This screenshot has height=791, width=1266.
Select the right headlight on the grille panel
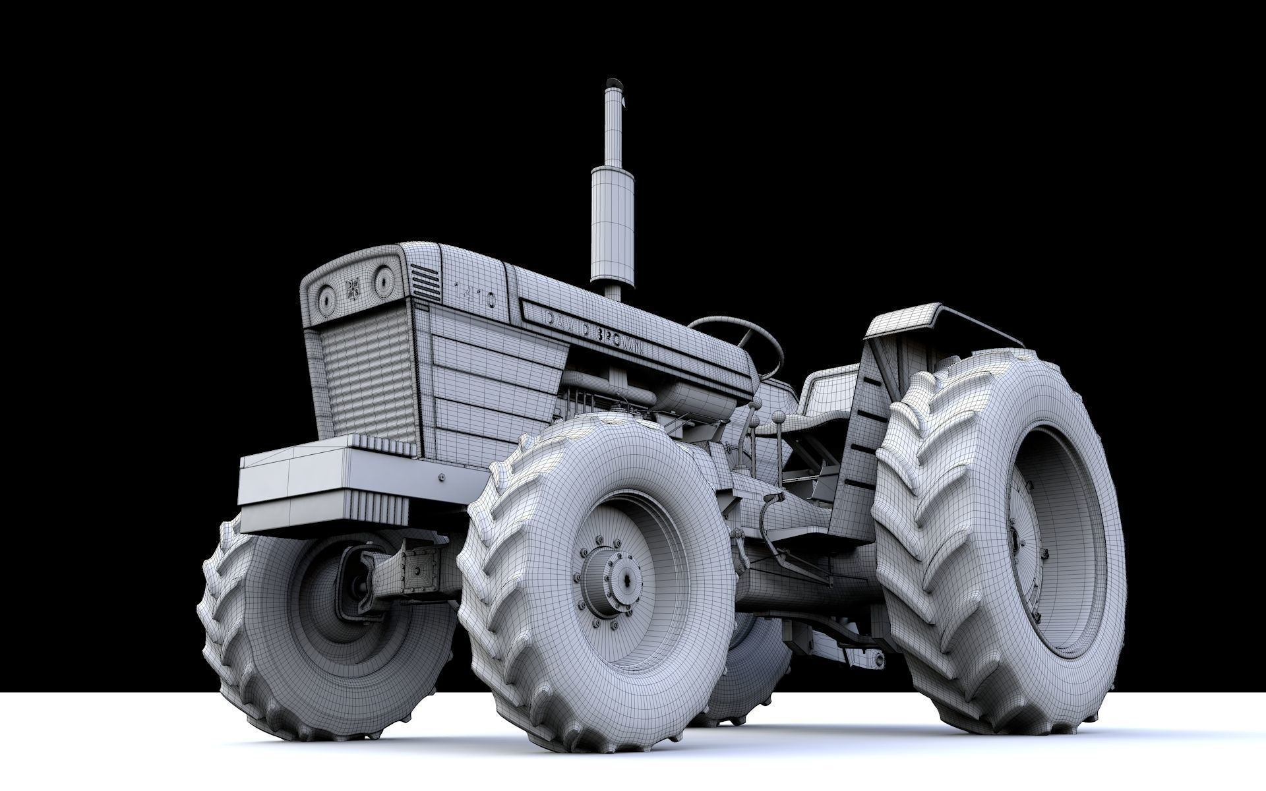pos(382,282)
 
